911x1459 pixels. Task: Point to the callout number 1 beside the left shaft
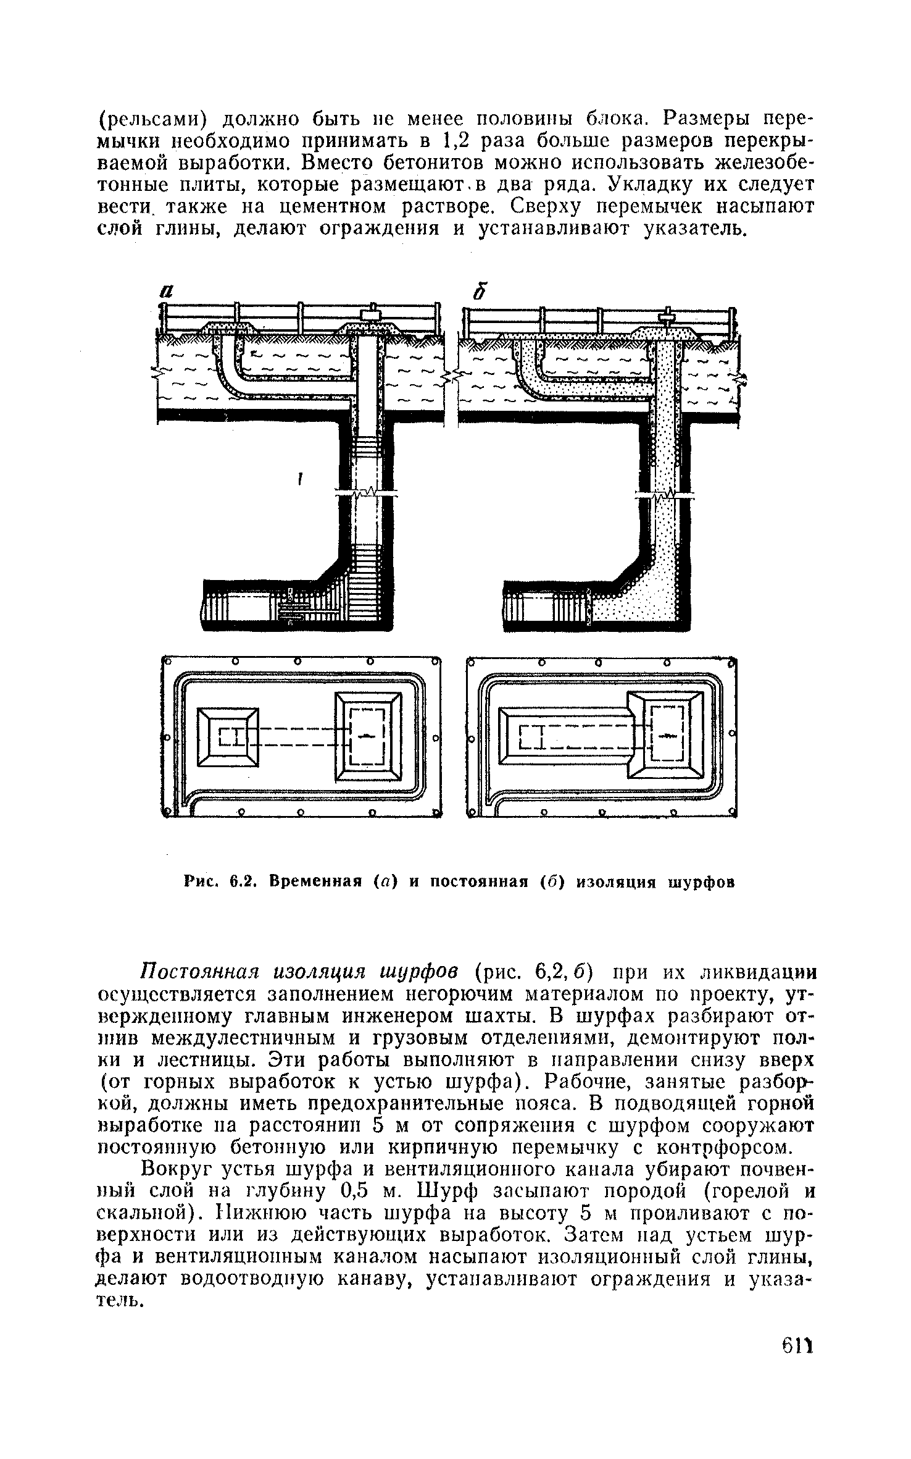pos(300,479)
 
